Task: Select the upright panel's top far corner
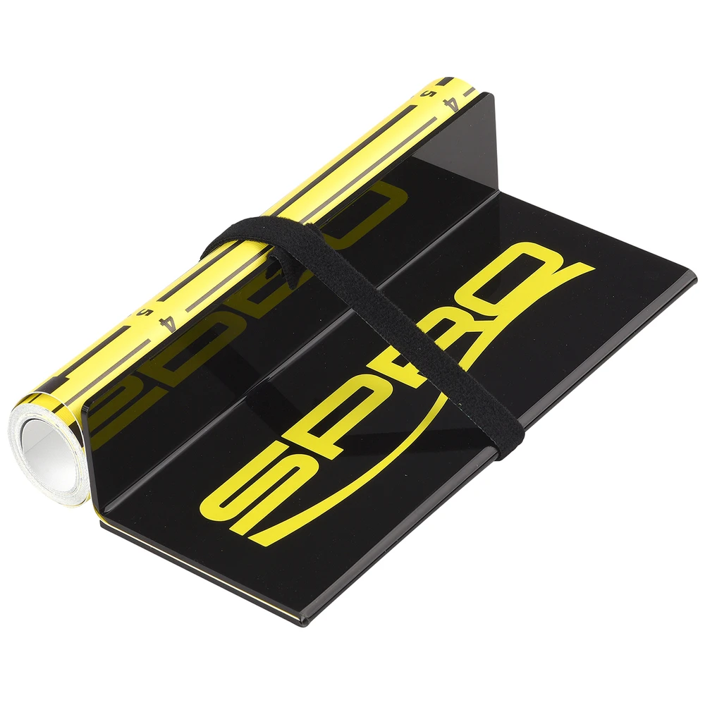click(493, 95)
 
